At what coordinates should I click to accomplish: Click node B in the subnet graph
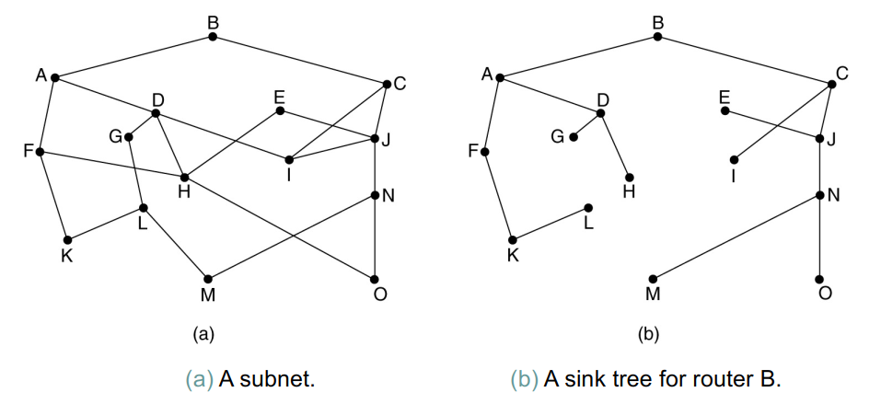(x=213, y=37)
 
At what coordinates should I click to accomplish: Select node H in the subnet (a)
(x=184, y=177)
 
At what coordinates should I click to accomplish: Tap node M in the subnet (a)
(x=207, y=278)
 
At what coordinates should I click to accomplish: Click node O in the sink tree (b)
(x=819, y=278)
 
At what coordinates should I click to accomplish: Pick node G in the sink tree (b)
(x=574, y=137)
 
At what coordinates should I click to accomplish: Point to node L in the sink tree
(x=588, y=207)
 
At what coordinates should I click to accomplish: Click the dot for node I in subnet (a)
(x=289, y=159)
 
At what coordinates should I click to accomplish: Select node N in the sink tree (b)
(x=819, y=195)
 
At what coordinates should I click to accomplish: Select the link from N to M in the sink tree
(x=736, y=237)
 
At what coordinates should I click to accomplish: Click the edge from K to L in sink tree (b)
(x=551, y=223)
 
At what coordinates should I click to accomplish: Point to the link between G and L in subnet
(x=135, y=172)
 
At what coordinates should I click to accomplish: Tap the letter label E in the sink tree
(x=724, y=96)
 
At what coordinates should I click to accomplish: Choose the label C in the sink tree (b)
(x=842, y=74)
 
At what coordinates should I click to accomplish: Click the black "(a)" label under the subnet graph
(x=203, y=333)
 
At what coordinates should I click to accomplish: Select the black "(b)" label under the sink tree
(x=648, y=333)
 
